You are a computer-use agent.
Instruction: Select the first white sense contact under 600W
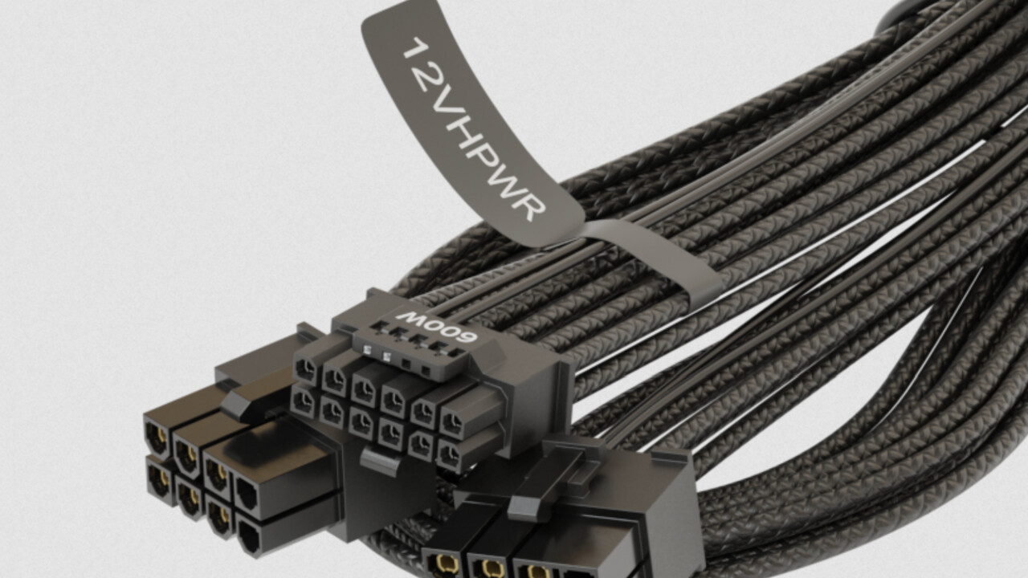[367, 350]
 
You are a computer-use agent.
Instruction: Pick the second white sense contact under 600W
[386, 356]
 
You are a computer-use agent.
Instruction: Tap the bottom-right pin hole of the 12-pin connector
[450, 456]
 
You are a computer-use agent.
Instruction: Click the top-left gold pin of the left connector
[157, 435]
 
